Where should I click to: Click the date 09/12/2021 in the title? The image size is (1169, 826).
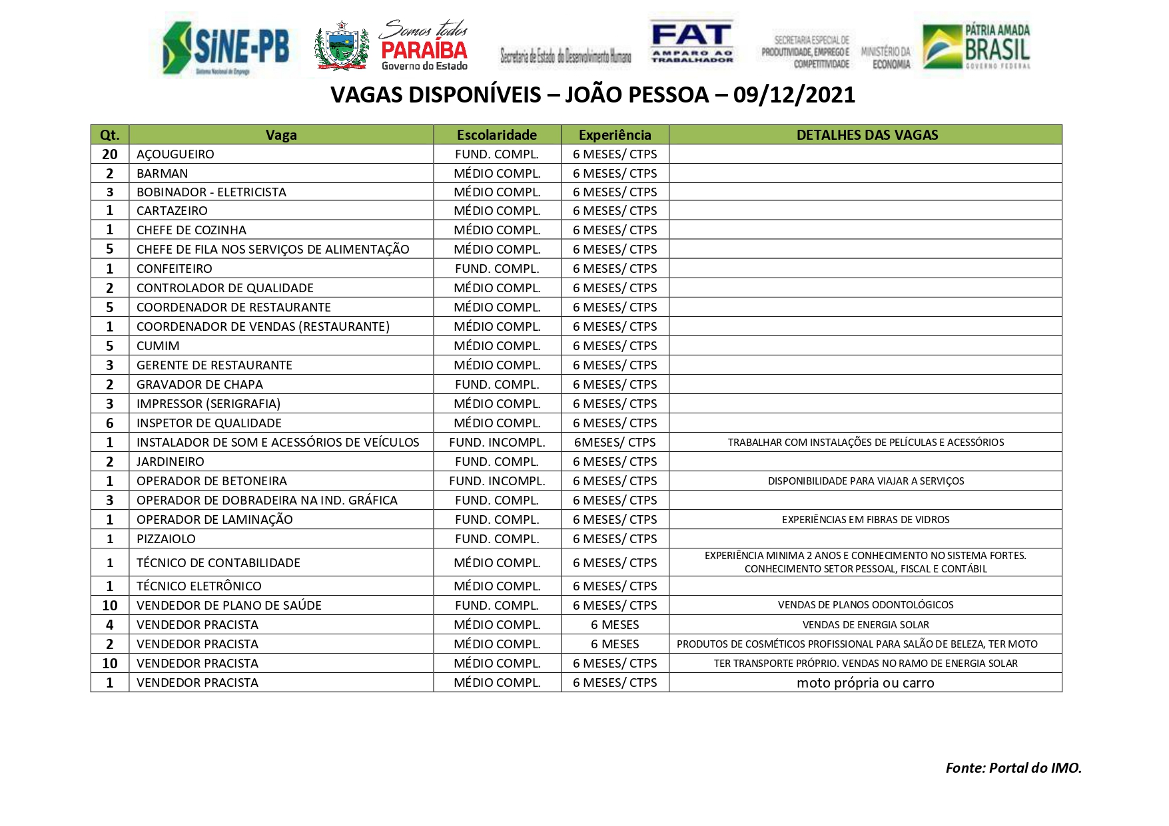coord(794,95)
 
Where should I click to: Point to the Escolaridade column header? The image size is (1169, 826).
coord(497,135)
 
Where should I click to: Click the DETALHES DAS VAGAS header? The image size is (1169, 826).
coord(867,135)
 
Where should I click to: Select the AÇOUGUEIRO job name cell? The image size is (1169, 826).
coord(175,154)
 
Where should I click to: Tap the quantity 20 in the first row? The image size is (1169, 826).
coord(110,154)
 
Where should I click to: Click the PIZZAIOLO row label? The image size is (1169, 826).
coord(166,539)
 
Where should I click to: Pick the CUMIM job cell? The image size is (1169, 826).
coord(158,346)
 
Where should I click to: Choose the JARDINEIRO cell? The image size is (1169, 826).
coord(171,462)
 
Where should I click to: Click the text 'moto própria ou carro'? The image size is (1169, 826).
coord(865,683)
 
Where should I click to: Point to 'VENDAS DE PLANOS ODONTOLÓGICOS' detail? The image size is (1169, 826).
coord(865,605)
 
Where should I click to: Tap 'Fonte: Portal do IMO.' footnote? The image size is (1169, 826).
coord(1013,768)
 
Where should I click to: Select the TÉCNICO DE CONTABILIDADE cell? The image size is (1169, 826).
coord(218,563)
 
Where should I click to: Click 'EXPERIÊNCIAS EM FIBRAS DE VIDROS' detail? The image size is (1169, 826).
coord(865,520)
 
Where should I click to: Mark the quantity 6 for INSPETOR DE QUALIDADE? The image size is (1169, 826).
coord(110,423)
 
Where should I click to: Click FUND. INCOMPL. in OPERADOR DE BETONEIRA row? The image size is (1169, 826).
coord(497,481)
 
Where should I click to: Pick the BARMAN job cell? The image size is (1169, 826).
coord(162,174)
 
